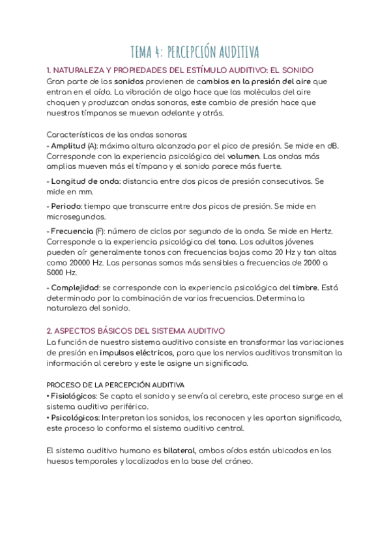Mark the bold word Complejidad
(75, 287)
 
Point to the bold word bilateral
(179, 451)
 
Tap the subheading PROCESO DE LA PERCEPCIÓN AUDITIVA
(115, 385)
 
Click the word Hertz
(319, 232)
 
